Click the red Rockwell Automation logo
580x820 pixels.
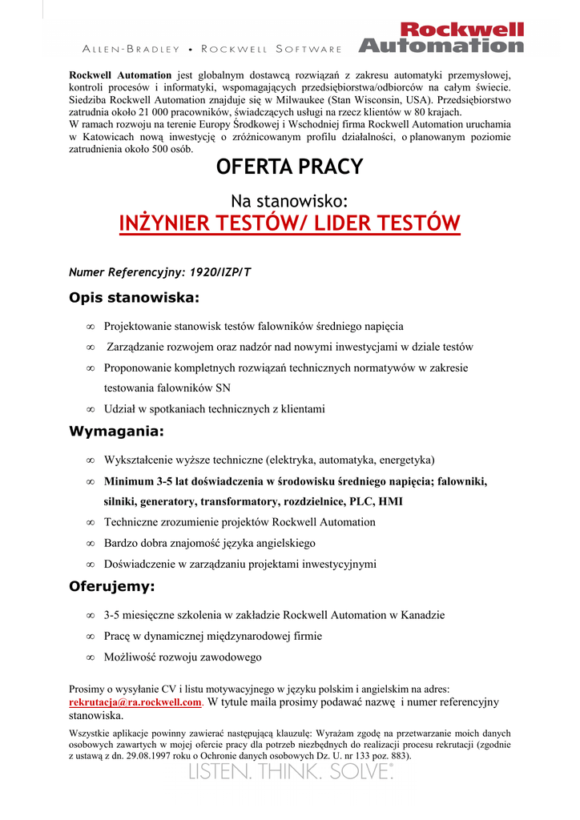441,37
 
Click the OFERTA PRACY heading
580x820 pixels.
289,167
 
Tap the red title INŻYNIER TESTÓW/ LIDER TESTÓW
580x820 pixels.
289,223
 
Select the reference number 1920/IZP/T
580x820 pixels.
218,272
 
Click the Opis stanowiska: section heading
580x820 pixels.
134,299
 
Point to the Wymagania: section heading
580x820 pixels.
116,432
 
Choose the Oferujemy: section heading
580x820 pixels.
112,587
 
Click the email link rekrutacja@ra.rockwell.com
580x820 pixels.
135,702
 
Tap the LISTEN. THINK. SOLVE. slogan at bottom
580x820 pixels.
290,772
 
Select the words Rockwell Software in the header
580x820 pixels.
272,50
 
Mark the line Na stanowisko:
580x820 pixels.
289,200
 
